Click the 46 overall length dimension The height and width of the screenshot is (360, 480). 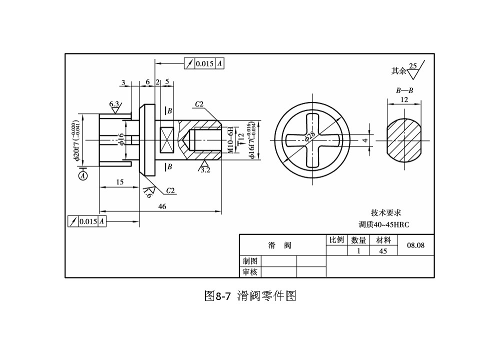(x=162, y=206)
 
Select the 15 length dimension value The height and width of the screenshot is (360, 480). (x=120, y=182)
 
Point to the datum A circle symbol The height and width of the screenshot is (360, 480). (x=83, y=175)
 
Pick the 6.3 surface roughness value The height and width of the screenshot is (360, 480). (x=114, y=104)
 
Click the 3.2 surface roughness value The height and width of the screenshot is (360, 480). (x=205, y=169)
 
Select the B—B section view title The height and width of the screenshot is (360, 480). (x=404, y=91)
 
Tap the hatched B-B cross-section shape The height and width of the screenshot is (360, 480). (x=404, y=140)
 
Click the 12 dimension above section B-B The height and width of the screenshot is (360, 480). (x=404, y=99)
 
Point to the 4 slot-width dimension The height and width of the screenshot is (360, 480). (x=365, y=140)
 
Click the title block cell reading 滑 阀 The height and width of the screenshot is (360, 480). (x=280, y=245)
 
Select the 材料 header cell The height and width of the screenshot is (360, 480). (x=383, y=240)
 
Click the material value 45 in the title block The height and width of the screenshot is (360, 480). (x=383, y=251)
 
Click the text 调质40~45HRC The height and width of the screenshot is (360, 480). (x=384, y=224)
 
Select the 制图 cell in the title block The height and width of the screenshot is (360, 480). (x=250, y=261)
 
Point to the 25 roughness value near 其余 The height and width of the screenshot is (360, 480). (x=412, y=66)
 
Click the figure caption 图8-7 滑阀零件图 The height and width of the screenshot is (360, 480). (x=250, y=296)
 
